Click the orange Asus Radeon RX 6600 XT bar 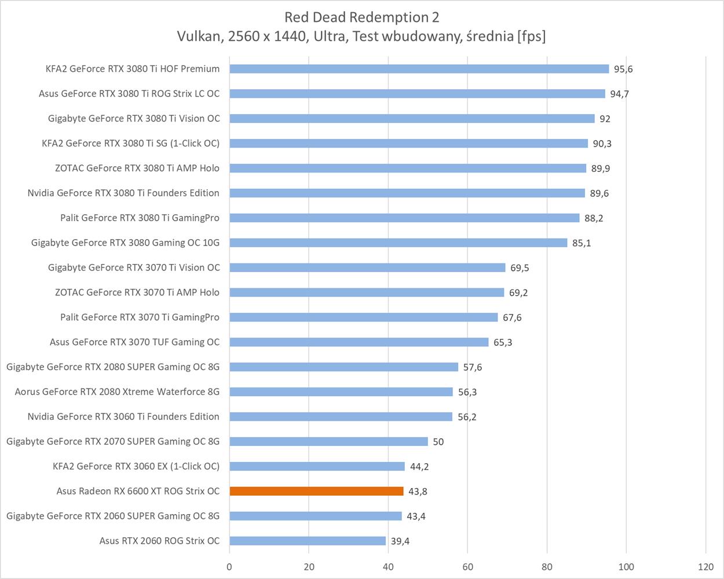click(316, 491)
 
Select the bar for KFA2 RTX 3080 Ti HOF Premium click(419, 69)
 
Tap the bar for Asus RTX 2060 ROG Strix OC click(308, 541)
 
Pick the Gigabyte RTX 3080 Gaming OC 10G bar click(398, 243)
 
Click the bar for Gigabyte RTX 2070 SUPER click(328, 441)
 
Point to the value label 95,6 click(623, 69)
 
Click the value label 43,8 click(418, 492)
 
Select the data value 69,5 click(520, 268)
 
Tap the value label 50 click(438, 442)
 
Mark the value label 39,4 click(400, 541)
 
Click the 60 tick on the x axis click(467, 567)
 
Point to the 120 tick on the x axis click(705, 567)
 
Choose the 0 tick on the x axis click(229, 567)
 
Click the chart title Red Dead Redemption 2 click(361, 17)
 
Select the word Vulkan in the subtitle click(198, 36)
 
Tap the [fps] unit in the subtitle click(532, 36)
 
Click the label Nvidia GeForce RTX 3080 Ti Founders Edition click(123, 193)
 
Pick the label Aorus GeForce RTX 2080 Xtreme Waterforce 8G click(117, 391)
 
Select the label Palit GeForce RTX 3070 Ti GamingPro click(140, 317)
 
